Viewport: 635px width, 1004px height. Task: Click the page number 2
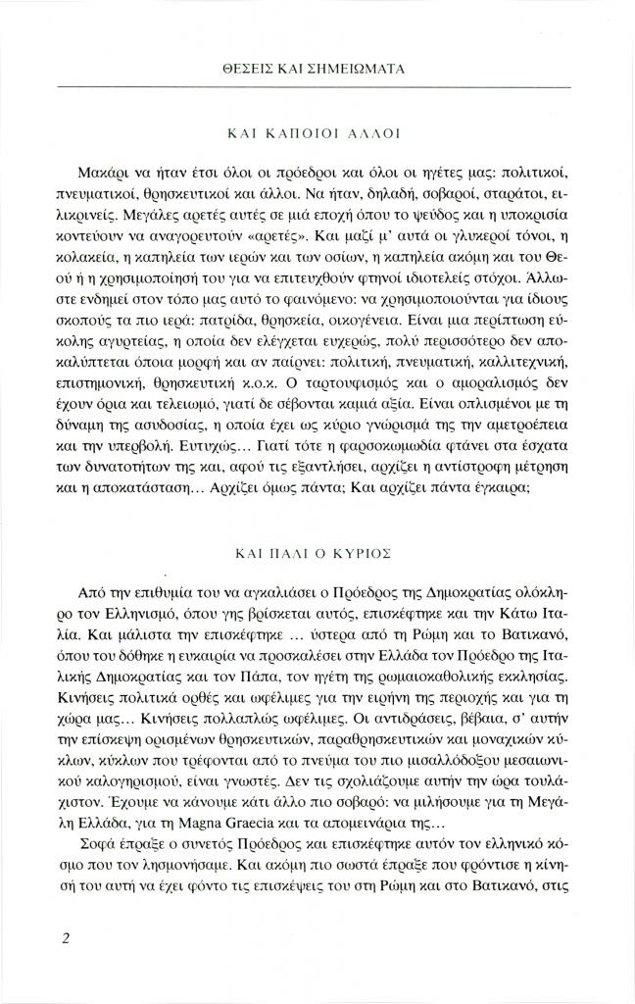click(x=64, y=938)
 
